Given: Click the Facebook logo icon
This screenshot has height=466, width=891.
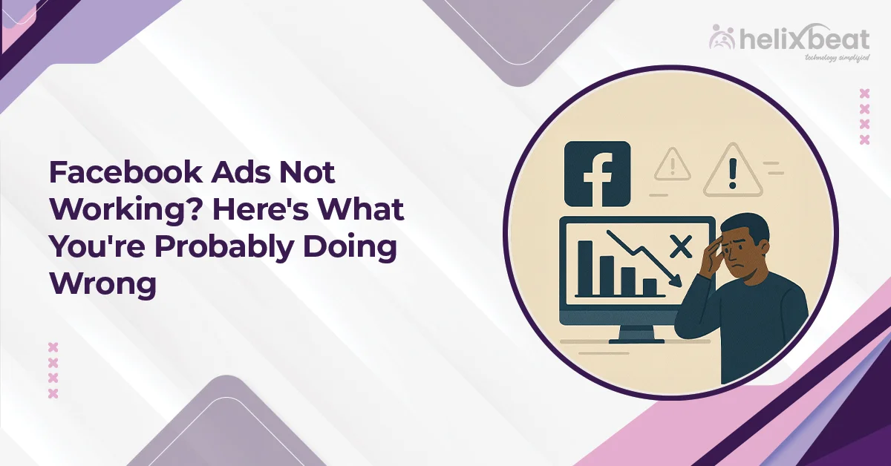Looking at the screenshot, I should click(x=597, y=174).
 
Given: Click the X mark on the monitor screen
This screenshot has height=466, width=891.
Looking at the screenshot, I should click(x=679, y=245).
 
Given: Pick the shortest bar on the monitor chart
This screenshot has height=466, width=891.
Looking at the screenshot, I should click(x=650, y=286).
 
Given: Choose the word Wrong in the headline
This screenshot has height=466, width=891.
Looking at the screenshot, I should click(x=103, y=284).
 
